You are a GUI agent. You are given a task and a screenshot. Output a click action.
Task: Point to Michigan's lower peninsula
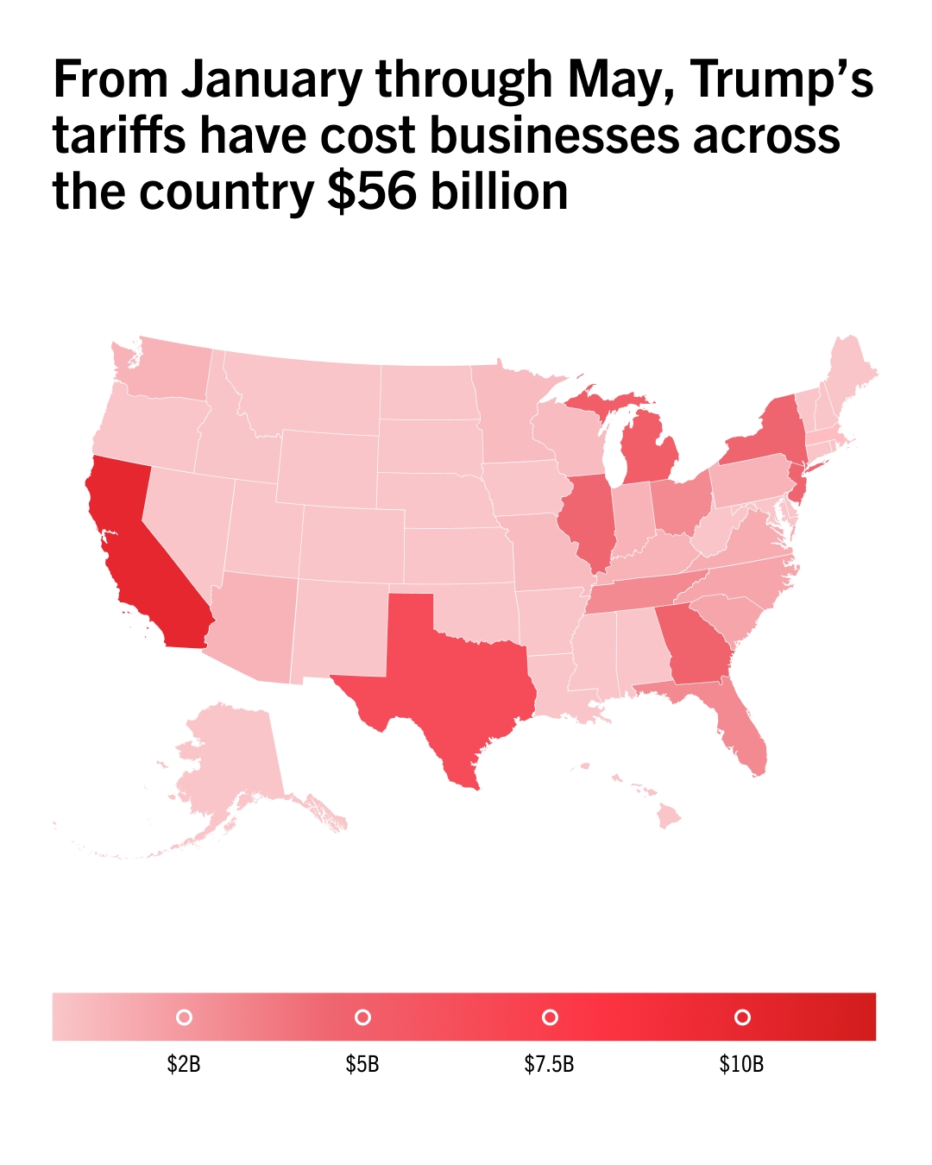[x=647, y=449]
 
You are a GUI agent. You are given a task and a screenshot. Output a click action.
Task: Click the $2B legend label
[x=184, y=1064]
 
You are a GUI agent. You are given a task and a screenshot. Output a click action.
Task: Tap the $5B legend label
[x=362, y=1064]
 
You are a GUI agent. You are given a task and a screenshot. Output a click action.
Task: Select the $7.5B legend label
[x=549, y=1064]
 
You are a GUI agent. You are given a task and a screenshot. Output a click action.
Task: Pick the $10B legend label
[x=741, y=1064]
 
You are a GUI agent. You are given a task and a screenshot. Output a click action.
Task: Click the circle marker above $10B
[x=741, y=1017]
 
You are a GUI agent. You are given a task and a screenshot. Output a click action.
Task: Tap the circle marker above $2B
[x=184, y=1017]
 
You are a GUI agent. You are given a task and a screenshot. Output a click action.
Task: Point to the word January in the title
[x=272, y=80]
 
